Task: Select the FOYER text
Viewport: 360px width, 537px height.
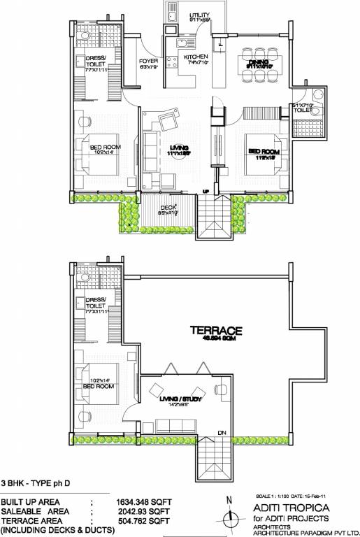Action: point(149,61)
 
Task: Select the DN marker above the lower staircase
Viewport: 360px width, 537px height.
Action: point(221,431)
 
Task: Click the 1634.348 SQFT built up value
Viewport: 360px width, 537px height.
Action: point(143,502)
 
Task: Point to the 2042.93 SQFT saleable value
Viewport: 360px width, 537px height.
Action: point(143,512)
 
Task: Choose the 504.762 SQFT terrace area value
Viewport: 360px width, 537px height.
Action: point(143,521)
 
